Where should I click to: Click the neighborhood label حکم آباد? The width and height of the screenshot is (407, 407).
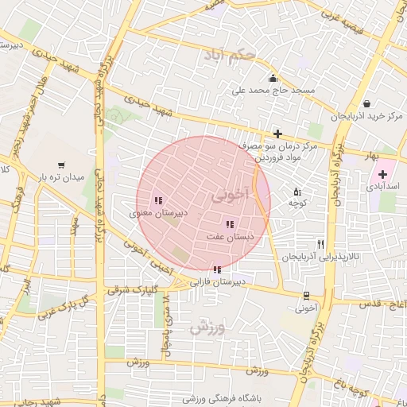click(230, 56)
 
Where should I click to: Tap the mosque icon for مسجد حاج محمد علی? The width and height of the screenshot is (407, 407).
click(273, 78)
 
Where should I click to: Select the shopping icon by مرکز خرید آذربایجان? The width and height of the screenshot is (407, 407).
click(366, 103)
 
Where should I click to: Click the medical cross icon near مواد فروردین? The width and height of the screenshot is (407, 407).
click(277, 134)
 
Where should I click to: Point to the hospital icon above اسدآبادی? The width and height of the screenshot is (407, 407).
click(383, 173)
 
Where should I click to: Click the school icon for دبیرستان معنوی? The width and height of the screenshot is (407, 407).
click(158, 201)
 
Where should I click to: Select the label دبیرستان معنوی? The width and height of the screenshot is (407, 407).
click(159, 214)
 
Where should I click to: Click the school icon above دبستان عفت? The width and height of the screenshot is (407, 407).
click(230, 225)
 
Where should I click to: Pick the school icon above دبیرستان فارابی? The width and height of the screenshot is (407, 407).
click(217, 270)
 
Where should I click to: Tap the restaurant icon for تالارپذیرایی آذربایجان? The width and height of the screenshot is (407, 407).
click(320, 244)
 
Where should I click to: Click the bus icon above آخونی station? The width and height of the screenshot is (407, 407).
click(307, 293)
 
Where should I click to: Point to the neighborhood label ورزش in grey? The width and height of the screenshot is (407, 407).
click(209, 325)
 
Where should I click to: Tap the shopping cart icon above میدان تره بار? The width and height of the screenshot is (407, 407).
click(62, 165)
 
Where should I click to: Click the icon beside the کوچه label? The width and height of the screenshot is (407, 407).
click(297, 192)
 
